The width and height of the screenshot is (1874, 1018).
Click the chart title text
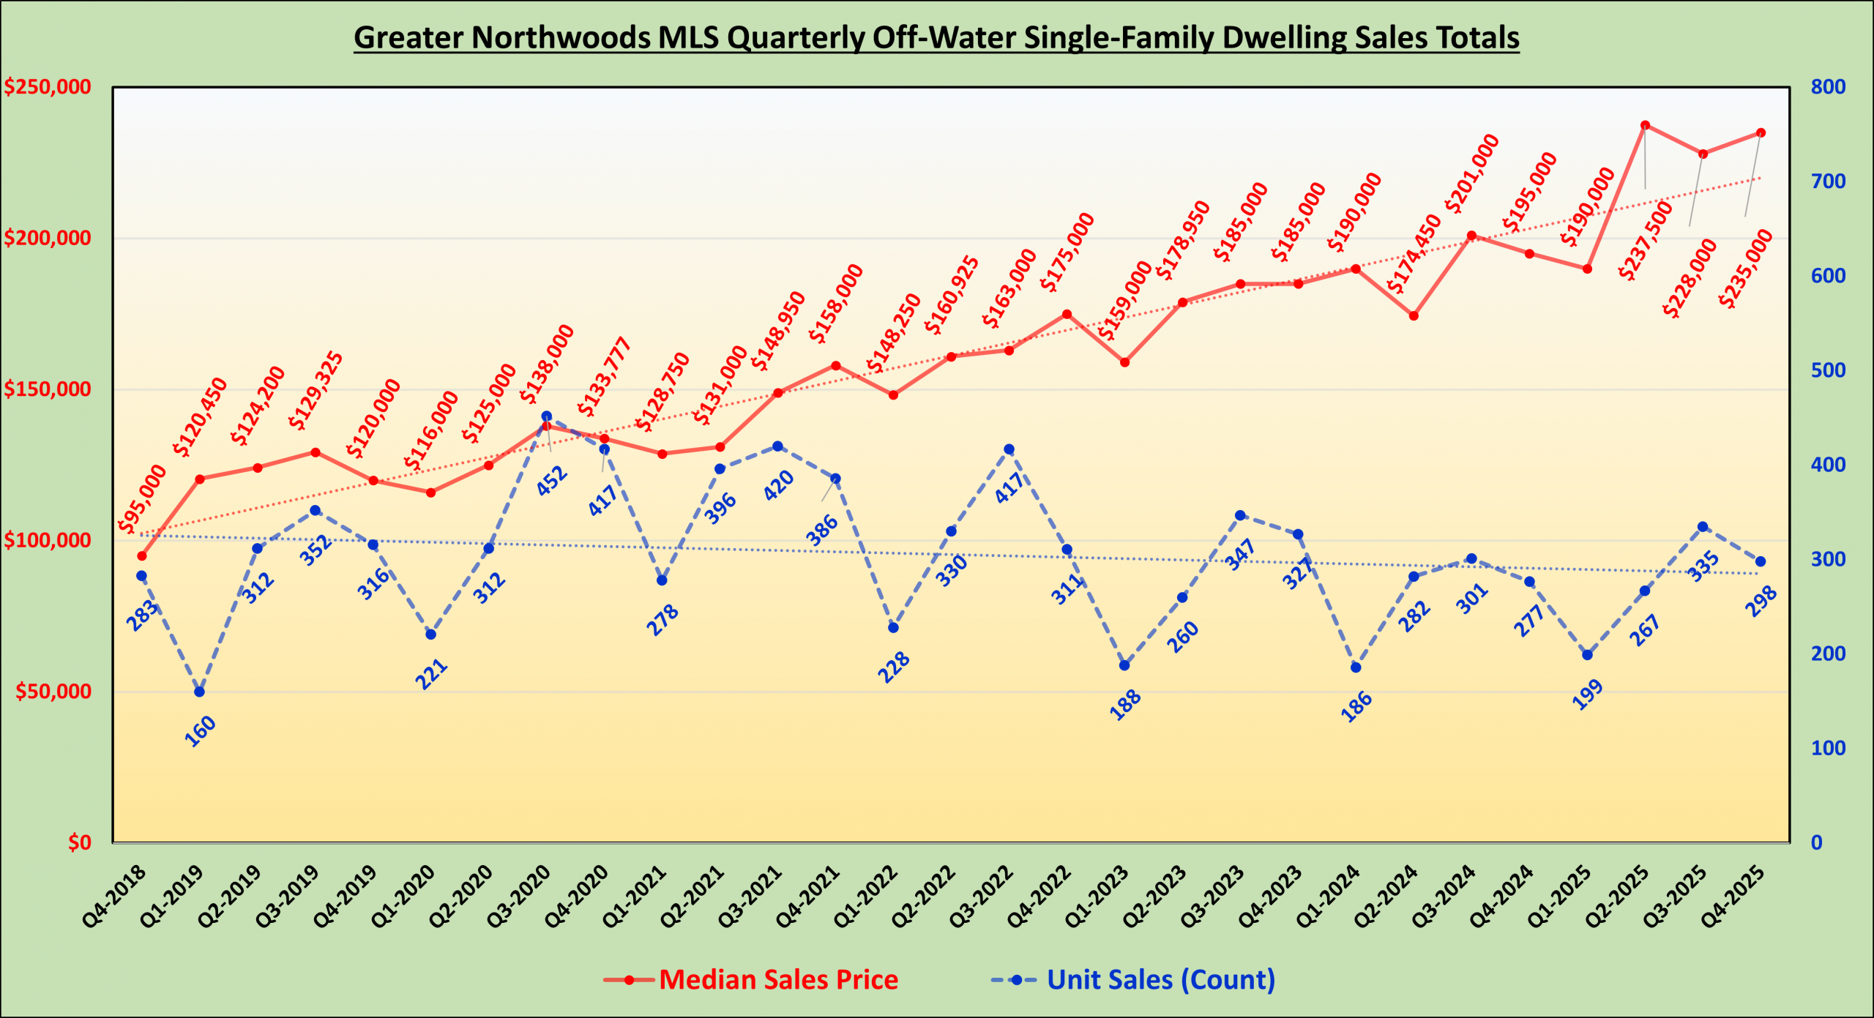[936, 38]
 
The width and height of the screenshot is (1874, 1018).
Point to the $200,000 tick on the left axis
[48, 238]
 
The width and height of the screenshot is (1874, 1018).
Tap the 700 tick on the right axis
[1828, 181]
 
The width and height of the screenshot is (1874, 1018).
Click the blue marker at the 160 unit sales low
[199, 692]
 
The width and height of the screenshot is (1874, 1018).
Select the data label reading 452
[552, 481]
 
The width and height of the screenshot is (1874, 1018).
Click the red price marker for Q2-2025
[1645, 125]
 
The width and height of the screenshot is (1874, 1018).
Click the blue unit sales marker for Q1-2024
[1356, 667]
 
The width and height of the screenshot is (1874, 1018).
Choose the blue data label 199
[1588, 695]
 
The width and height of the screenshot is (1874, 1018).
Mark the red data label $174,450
[1414, 255]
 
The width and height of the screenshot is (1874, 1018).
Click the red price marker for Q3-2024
[1471, 236]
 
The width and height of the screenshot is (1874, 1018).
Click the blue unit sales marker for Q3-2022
[1009, 449]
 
